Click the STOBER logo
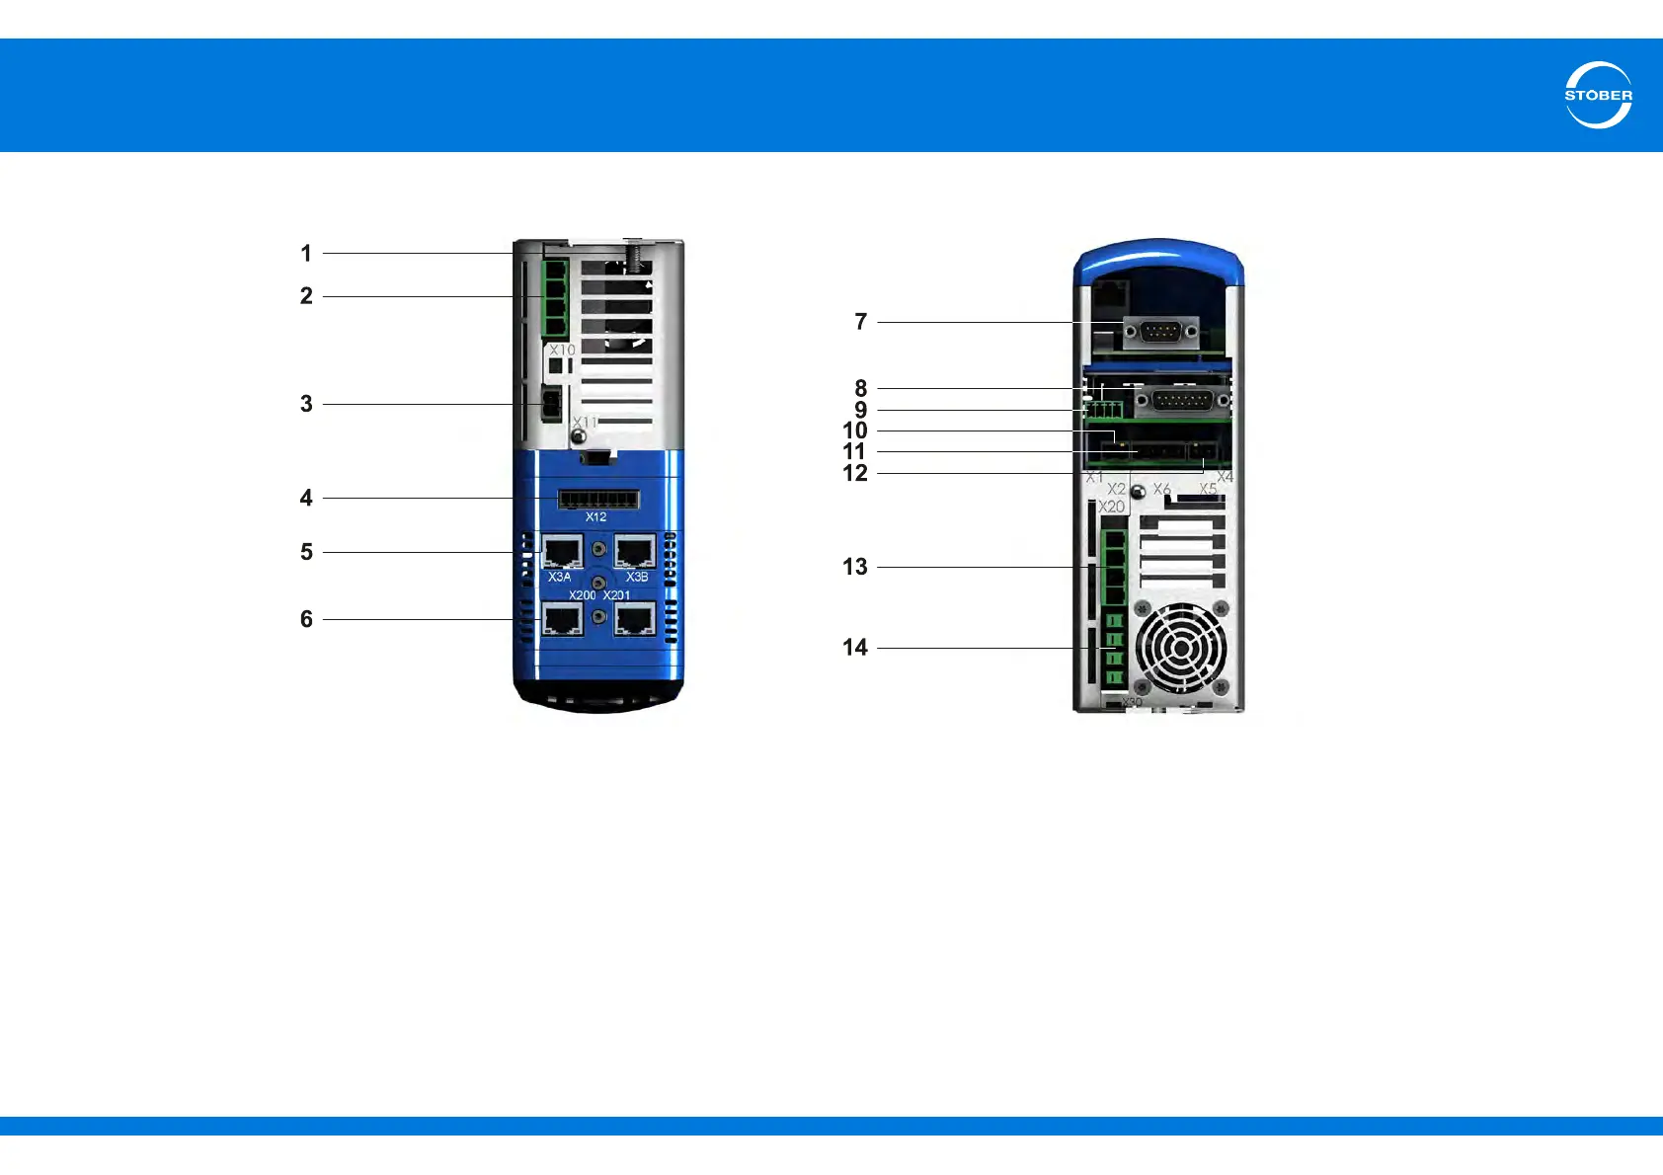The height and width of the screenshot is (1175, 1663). point(1598,95)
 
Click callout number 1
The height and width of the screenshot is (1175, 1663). point(306,254)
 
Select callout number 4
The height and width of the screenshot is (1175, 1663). point(306,498)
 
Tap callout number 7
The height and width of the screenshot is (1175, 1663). point(860,322)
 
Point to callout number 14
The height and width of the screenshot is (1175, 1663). point(855,648)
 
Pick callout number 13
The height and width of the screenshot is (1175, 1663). point(855,567)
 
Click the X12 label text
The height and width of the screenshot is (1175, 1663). point(595,517)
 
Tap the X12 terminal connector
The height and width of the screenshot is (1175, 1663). point(598,499)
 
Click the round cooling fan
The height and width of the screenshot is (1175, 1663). point(1181,649)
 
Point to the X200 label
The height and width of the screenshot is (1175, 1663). point(582,595)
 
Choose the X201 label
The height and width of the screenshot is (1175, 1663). point(617,595)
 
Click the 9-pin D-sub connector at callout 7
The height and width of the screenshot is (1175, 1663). point(1161,333)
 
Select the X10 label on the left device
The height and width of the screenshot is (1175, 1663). point(562,351)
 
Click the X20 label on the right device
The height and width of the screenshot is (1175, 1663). point(1112,507)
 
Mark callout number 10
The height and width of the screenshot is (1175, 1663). point(855,431)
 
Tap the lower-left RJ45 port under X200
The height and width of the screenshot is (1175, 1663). point(562,619)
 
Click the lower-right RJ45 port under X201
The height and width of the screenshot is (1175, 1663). point(635,619)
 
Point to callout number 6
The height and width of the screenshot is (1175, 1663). point(306,619)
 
